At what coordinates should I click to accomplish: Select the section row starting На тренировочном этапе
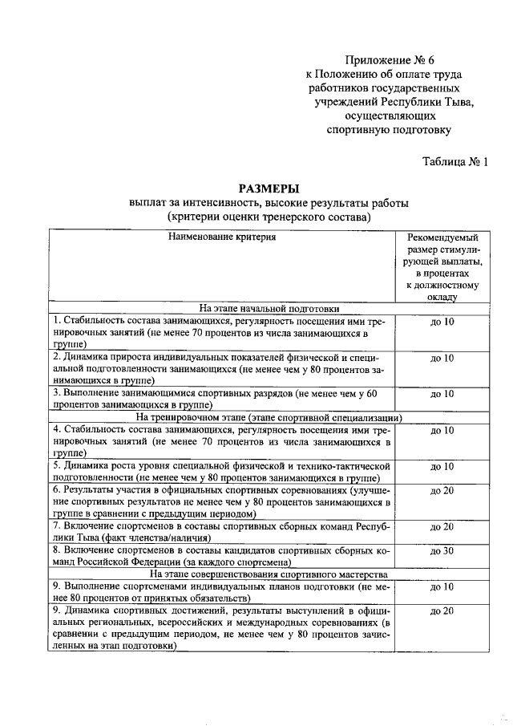269,417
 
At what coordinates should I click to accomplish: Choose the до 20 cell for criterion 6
442,490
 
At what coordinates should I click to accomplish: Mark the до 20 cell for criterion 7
442,527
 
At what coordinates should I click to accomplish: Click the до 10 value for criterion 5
442,466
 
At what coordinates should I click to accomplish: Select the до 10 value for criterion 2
442,358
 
